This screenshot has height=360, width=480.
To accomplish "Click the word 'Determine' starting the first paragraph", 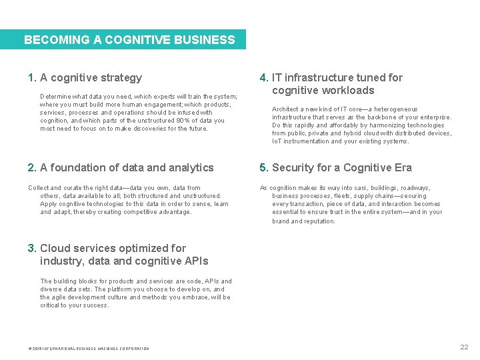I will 55,97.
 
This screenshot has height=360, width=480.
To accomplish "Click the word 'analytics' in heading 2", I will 191,168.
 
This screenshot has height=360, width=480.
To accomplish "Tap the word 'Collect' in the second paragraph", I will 38,188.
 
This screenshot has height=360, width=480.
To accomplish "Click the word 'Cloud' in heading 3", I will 55,249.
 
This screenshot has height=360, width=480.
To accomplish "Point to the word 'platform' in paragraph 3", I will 114,289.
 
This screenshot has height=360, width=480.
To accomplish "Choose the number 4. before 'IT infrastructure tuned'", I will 264,78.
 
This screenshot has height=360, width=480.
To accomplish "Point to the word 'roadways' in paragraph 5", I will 415,188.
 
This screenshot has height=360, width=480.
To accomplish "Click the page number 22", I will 464,347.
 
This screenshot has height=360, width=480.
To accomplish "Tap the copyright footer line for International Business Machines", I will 89,349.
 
